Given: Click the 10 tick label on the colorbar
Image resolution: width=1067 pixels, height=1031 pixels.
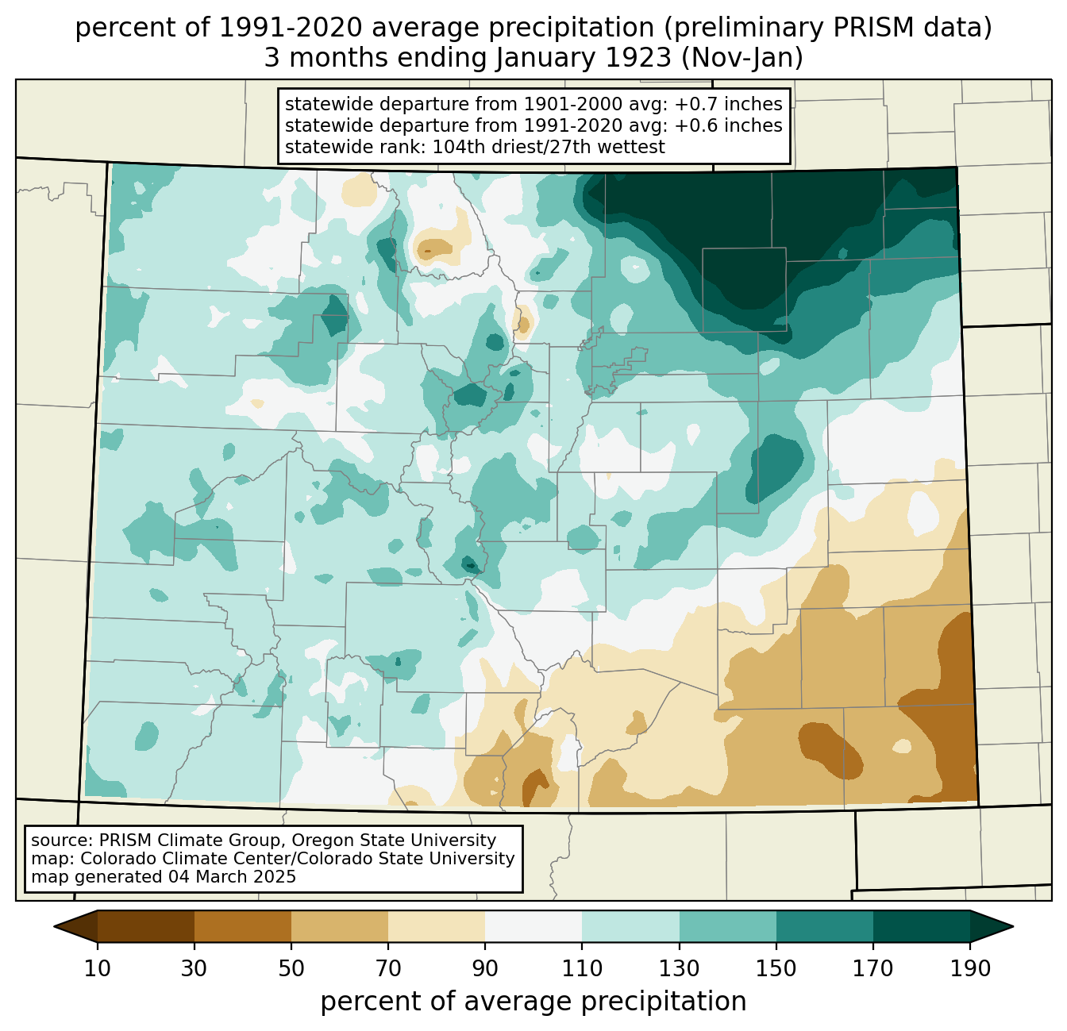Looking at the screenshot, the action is coord(97,968).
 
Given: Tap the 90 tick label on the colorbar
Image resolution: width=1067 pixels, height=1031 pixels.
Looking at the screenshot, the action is coord(485,968).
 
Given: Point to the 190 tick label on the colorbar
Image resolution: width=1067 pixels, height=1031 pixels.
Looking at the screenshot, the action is coord(970,968).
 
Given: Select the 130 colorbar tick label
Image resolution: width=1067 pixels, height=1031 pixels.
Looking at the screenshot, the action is coord(679,968).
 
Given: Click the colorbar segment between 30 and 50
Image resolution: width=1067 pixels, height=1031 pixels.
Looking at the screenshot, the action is coord(242,926).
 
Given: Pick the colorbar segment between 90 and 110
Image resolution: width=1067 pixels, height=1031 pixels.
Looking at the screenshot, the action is coord(533,926).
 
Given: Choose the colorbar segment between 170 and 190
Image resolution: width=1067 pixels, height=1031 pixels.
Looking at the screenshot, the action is coord(921,926).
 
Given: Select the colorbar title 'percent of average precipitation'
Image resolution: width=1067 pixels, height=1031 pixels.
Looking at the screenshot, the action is coord(533,1001).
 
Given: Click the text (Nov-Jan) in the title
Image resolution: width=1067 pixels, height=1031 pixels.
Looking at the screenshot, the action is coord(742,58).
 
